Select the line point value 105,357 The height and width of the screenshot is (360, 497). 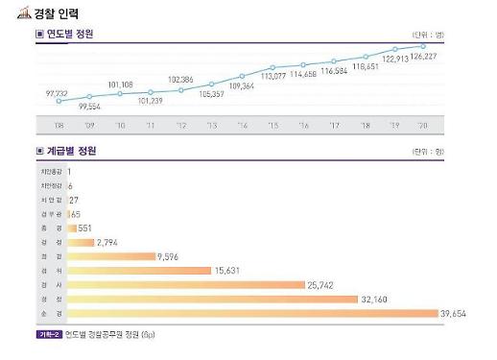point(211,94)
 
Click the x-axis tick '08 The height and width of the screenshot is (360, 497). point(58,126)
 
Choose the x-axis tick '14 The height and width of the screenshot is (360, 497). point(242,126)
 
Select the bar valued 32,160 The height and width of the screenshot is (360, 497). point(206,300)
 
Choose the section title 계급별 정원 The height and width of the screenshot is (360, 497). point(70,152)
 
